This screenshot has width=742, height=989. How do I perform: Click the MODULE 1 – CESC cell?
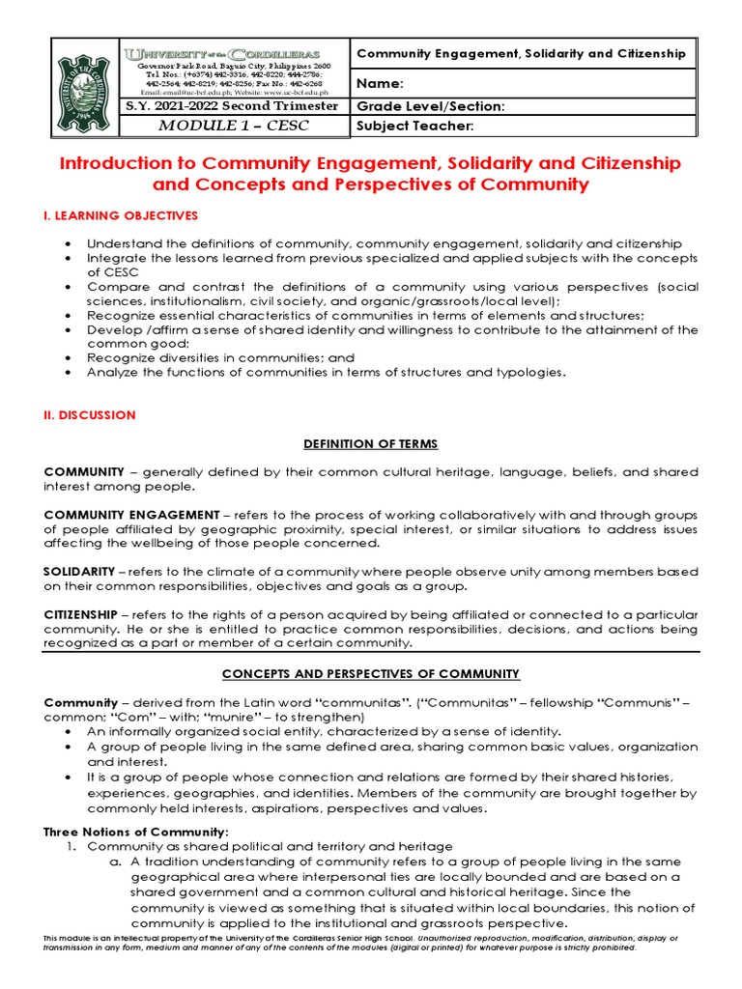click(x=231, y=127)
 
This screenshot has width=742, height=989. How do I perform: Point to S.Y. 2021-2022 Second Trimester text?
click(x=231, y=105)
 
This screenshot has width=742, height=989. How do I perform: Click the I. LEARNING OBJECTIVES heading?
click(x=121, y=214)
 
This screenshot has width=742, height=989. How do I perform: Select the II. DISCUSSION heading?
click(x=90, y=414)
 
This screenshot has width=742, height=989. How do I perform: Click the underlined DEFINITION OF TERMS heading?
click(x=371, y=443)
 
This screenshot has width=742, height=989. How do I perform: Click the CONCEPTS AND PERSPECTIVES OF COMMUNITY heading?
click(x=371, y=673)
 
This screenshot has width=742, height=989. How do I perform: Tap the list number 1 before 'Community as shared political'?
click(x=71, y=846)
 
